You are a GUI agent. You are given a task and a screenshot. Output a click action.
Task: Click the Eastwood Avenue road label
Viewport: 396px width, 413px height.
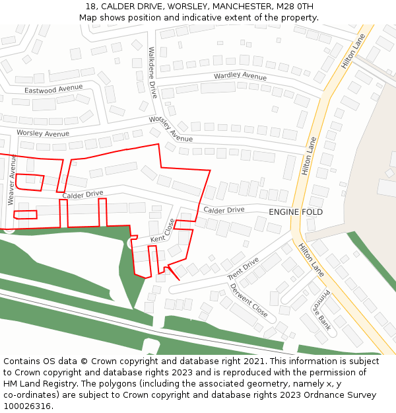[53, 89]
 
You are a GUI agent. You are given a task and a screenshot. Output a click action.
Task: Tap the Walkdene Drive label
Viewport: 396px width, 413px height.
[152, 72]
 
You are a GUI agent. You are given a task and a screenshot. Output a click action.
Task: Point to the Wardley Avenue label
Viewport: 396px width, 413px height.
[240, 77]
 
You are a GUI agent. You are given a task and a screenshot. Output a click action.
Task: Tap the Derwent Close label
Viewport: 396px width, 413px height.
[248, 300]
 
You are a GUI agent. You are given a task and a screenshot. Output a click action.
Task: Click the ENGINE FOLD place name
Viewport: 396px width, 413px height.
[296, 212]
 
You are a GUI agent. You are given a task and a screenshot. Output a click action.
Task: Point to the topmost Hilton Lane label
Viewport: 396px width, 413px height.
[353, 52]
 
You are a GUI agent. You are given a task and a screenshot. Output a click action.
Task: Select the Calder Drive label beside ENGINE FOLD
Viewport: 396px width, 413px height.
[224, 210]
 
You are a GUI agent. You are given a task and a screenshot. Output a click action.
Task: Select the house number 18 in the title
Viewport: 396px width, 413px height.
[90, 7]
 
